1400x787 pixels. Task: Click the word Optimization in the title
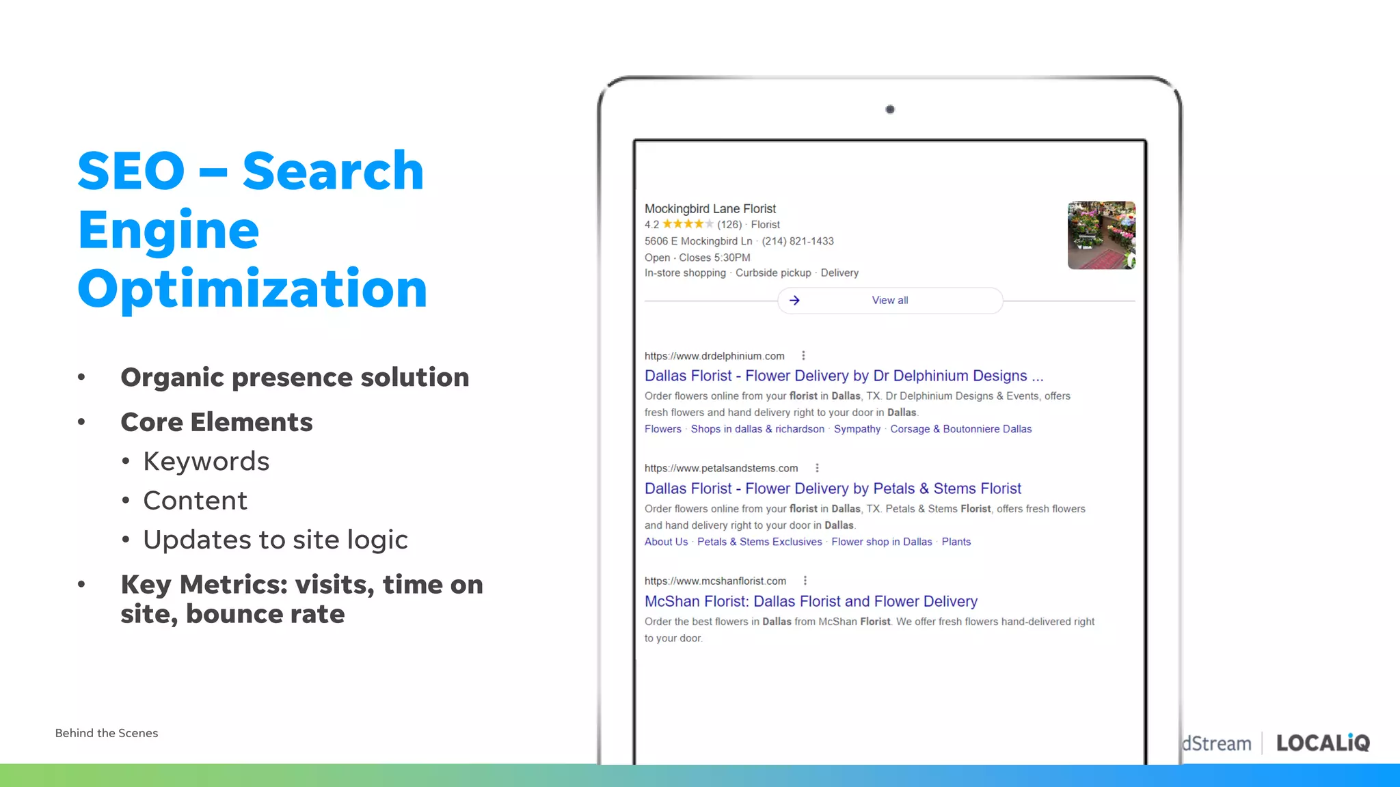pos(252,290)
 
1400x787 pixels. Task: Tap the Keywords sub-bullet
pos(206,462)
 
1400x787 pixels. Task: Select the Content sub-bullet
pos(195,501)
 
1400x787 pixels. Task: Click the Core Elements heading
pos(216,422)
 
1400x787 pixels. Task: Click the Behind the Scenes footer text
pos(107,733)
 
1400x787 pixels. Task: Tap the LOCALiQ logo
pos(1323,743)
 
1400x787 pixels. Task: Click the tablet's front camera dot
pos(890,109)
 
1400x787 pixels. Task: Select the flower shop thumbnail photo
pos(1101,235)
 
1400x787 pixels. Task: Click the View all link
pos(890,301)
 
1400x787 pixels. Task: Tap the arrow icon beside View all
pos(794,301)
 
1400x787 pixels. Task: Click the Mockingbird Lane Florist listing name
pos(710,208)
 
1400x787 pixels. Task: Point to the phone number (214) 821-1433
pos(798,241)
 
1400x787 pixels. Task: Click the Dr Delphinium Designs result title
pos(844,376)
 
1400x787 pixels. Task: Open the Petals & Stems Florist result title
pos(833,488)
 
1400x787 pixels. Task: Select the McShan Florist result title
pos(811,601)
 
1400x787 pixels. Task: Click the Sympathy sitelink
pos(857,429)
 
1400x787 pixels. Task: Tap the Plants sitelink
pos(956,542)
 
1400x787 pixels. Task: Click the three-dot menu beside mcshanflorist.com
pos(805,581)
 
